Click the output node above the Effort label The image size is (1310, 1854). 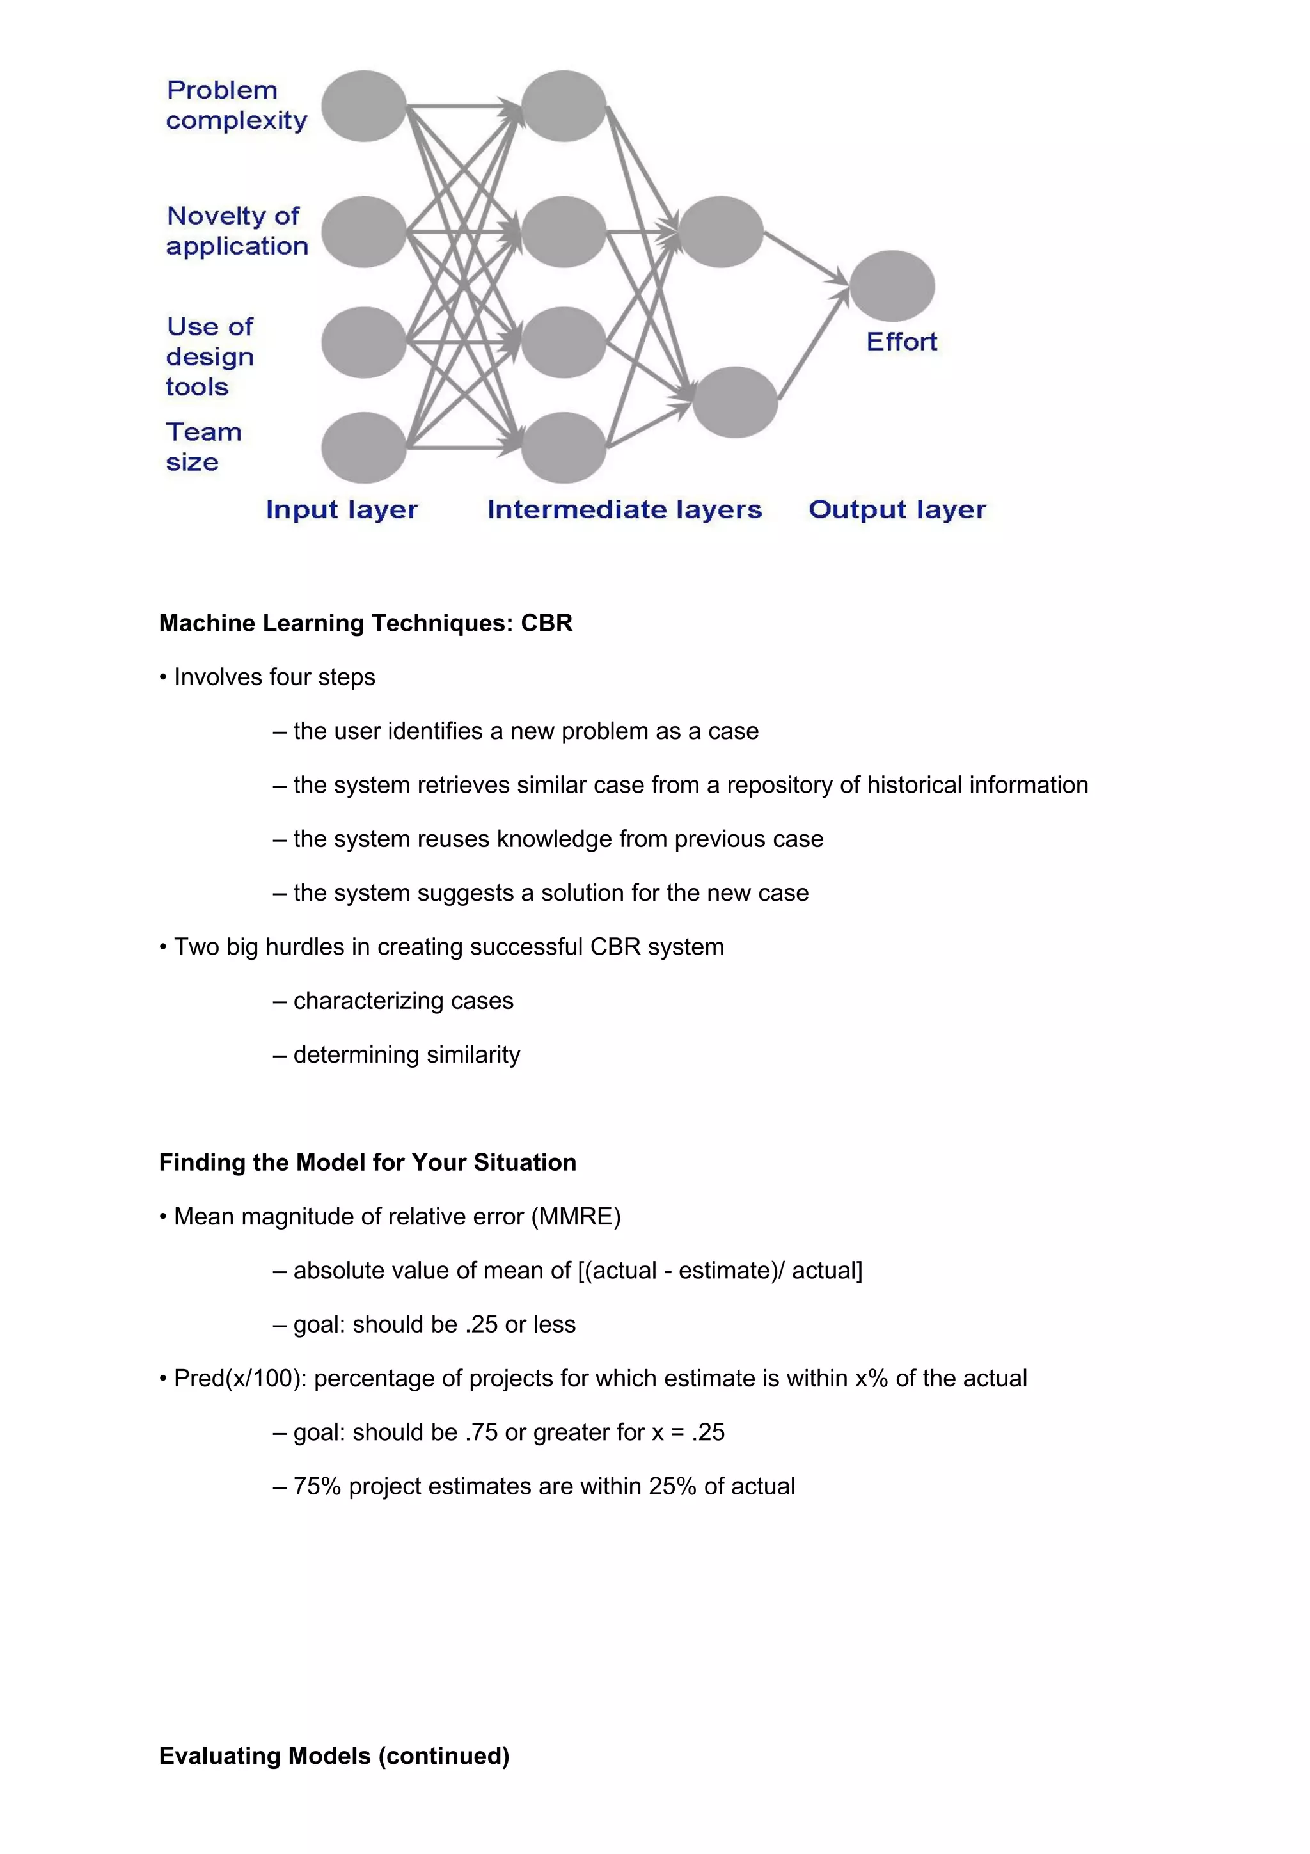point(892,286)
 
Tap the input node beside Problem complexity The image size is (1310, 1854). point(363,106)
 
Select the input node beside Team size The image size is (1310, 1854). point(363,447)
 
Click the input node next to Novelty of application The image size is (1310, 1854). point(363,232)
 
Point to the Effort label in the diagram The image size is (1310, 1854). point(901,342)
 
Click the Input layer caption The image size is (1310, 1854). point(342,509)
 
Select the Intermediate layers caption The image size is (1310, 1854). point(624,509)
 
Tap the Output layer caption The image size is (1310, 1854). point(897,509)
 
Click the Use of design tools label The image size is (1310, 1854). point(210,356)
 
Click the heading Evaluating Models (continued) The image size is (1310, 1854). point(334,1755)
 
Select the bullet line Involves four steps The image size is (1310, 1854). point(274,677)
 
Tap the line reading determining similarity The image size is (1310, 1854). point(406,1054)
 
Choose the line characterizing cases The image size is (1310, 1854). point(403,1001)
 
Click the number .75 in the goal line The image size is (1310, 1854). point(481,1432)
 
